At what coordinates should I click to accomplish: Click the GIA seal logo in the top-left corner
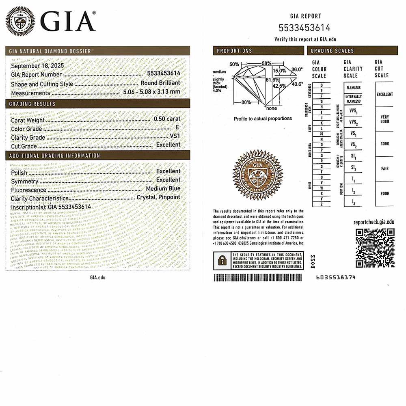(x=20, y=21)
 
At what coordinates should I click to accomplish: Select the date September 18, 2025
(x=37, y=66)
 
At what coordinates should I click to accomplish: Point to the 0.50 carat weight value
(x=167, y=119)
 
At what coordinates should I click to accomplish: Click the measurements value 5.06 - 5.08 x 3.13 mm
(x=151, y=92)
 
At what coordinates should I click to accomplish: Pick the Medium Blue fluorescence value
(x=163, y=188)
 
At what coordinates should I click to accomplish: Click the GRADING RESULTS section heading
(x=32, y=104)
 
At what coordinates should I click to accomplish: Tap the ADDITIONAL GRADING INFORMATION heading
(x=54, y=155)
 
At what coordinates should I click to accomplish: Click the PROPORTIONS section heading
(x=234, y=51)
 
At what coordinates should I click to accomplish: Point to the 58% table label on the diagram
(x=266, y=64)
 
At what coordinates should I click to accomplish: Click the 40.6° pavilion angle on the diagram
(x=297, y=84)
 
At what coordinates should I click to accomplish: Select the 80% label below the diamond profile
(x=246, y=102)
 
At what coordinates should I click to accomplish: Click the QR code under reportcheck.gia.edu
(x=375, y=248)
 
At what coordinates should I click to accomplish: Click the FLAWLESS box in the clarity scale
(x=353, y=88)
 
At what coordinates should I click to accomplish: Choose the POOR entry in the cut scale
(x=384, y=194)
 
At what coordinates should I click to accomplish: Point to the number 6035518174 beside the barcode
(x=335, y=277)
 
